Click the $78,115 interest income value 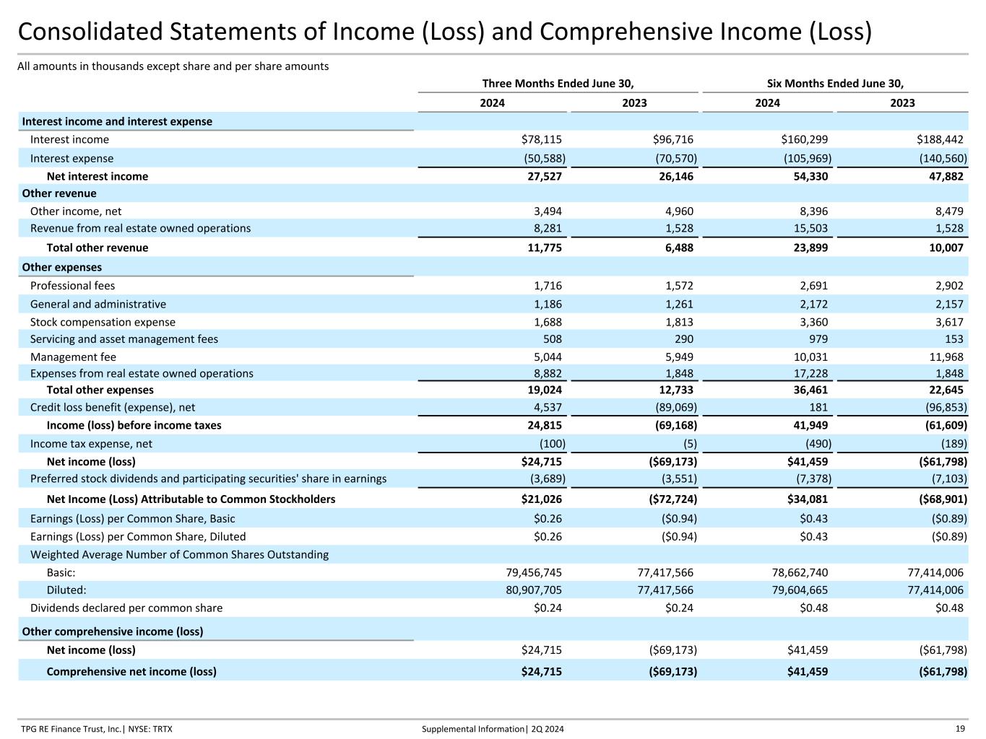tap(541, 139)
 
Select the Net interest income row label tap(97, 176)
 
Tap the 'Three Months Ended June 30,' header tap(558, 83)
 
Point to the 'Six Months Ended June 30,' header tap(835, 83)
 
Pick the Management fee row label tap(73, 357)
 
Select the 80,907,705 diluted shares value tap(534, 590)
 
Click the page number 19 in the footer tap(960, 729)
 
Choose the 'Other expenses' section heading tap(61, 267)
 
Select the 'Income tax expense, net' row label tap(91, 444)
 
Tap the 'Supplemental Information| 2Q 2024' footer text tap(493, 729)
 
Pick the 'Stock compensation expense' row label tap(103, 322)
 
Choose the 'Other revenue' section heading tap(59, 193)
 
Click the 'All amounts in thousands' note tap(173, 66)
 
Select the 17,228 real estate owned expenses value tap(810, 373)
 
